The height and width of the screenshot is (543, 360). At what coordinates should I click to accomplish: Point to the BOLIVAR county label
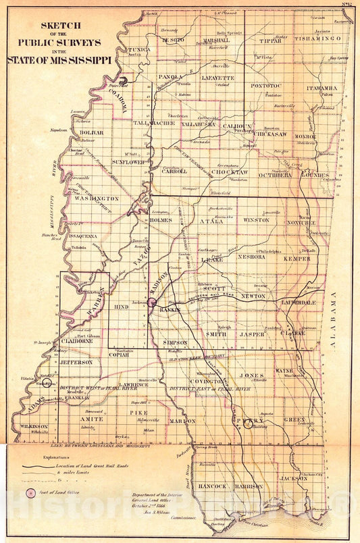coord(89,133)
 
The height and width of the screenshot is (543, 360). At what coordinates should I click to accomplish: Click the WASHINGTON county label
coord(96,199)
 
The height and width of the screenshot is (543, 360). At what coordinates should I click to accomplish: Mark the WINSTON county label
coord(255,219)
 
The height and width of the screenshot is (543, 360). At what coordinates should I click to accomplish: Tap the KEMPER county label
coord(297,259)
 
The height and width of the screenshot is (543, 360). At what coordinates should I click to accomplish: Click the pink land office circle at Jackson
coord(153,303)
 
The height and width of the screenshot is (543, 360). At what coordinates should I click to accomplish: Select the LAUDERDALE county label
coord(299,303)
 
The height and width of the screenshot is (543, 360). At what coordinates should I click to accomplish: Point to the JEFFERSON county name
coord(76,362)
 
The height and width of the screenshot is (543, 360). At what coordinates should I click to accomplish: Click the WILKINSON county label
coord(33,427)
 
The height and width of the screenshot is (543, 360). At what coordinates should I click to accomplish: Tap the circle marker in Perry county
coord(248,424)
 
